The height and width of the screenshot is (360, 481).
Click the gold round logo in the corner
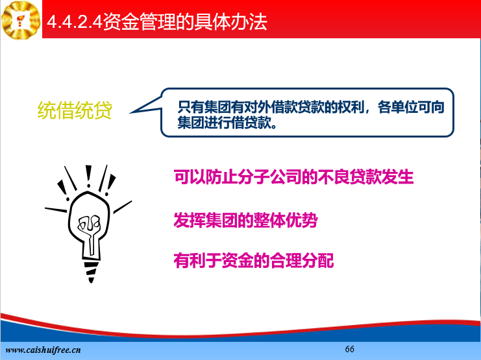[21, 20]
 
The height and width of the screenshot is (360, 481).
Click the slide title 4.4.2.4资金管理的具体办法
[156, 22]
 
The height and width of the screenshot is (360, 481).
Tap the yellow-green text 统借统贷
[75, 110]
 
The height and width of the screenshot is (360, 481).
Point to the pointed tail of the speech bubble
[130, 113]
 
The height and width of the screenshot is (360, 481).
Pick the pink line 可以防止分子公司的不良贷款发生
[293, 176]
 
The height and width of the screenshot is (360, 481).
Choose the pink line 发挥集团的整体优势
[245, 220]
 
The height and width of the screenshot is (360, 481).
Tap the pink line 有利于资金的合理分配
[254, 260]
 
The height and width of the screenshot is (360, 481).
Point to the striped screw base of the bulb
[91, 270]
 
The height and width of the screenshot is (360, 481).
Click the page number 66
[349, 349]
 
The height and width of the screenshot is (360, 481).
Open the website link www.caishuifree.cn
[43, 350]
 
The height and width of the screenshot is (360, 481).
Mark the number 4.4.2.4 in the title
[74, 23]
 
